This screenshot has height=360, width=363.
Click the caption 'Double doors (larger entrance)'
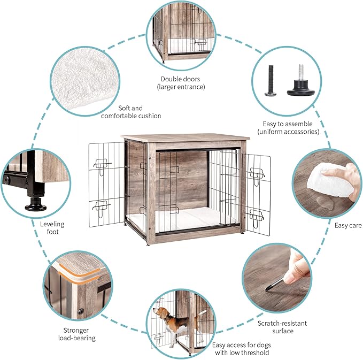pos(181,82)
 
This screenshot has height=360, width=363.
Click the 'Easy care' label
pos(348,226)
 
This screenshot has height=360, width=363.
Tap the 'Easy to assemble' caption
pos(288,127)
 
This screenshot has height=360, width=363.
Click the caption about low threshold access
pos(240,349)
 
